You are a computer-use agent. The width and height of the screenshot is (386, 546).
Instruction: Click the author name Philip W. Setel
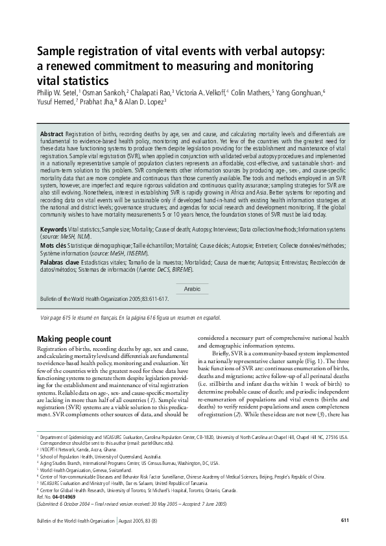coord(56,93)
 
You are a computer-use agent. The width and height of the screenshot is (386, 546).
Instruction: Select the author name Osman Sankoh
coord(103,93)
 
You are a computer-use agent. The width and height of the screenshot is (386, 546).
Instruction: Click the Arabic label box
coord(193,289)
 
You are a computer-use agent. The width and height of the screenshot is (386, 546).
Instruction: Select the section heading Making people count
coord(74,339)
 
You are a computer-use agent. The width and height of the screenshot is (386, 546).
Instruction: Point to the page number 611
coord(345,520)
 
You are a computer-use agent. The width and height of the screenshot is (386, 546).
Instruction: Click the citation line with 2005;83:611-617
coord(104,300)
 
